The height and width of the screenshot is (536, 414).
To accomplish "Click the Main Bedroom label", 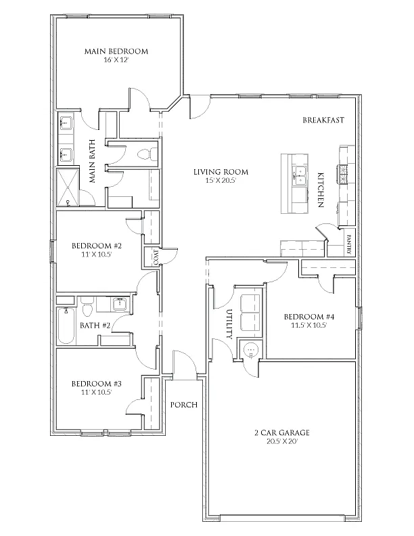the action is [x=116, y=51].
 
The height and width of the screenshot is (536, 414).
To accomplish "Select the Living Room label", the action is [x=221, y=172].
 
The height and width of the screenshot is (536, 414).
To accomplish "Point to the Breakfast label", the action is [x=323, y=120].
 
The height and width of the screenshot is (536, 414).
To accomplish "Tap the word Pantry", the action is [x=350, y=244].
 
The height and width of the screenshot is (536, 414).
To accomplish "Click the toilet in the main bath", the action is [x=147, y=154].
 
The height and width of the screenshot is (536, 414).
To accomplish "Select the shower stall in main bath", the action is [x=68, y=187].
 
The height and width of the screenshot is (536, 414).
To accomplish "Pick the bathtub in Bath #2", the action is [x=66, y=326].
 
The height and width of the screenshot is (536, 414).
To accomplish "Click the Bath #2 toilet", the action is [x=87, y=307].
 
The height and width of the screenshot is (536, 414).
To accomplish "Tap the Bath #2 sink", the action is [x=120, y=304].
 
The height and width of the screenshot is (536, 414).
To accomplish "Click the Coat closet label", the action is [x=156, y=257].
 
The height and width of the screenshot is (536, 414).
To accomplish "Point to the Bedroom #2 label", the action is [x=97, y=246].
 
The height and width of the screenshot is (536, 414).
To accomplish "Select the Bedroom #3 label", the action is [x=97, y=384].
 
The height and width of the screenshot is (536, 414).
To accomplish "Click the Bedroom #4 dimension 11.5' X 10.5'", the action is [x=309, y=326].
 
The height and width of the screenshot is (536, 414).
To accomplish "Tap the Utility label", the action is [x=229, y=324].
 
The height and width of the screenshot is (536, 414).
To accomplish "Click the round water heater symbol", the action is [x=251, y=350].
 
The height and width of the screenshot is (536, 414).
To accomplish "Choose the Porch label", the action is [x=184, y=405].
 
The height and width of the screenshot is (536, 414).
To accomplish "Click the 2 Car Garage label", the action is [x=282, y=432].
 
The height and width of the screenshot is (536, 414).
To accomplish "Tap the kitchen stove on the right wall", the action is [x=342, y=174].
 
